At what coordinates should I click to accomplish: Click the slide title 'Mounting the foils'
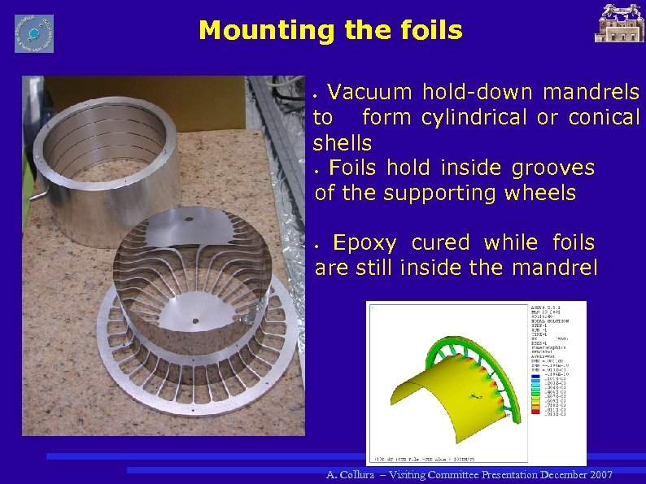coord(330,31)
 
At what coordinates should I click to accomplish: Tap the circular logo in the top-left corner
coord(34,33)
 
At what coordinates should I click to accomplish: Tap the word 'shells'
coord(343,143)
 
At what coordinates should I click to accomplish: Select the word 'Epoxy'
coord(365,242)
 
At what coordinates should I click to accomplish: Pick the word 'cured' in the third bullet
coord(440,242)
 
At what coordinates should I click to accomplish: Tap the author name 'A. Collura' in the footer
coord(351,474)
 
